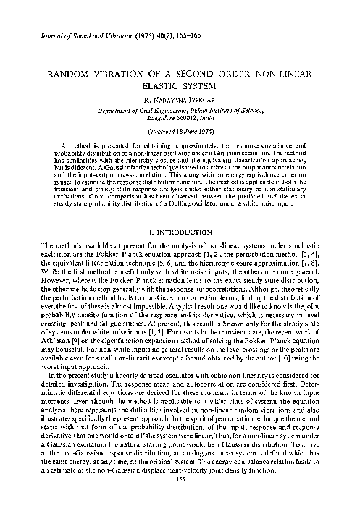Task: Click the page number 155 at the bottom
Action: [180, 499]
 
